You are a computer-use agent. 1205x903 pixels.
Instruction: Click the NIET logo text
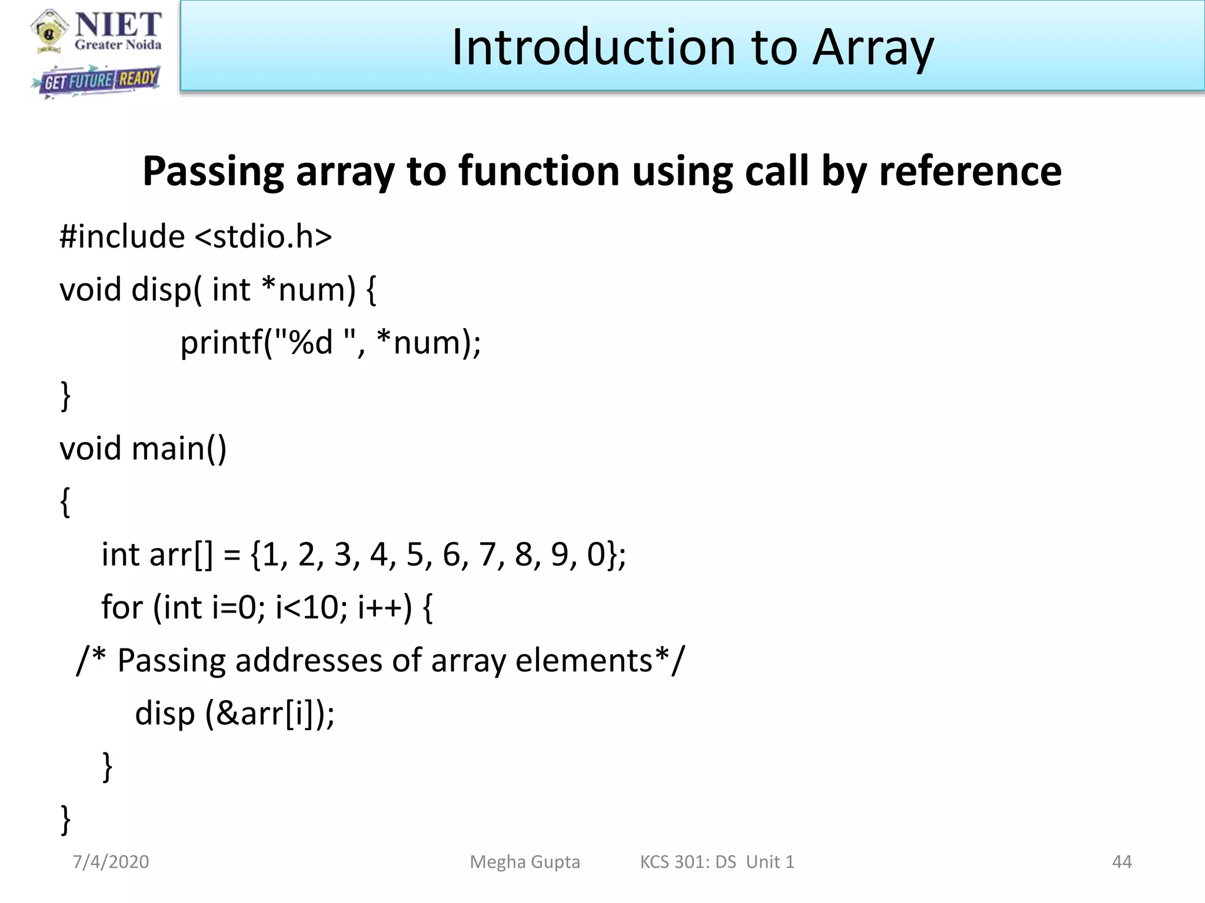(118, 25)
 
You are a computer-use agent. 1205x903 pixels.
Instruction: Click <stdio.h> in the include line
(263, 236)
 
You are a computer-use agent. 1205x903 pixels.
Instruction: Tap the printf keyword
(221, 343)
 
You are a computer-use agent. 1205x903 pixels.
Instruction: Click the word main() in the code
(179, 449)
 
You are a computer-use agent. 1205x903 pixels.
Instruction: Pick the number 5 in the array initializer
(415, 554)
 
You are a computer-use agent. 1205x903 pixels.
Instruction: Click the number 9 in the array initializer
(560, 554)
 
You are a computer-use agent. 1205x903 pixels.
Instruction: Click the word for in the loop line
(122, 607)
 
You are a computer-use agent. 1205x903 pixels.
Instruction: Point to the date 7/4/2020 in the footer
(111, 862)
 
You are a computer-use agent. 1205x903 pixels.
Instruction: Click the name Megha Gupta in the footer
(524, 862)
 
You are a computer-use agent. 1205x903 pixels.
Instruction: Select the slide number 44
(1121, 862)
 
